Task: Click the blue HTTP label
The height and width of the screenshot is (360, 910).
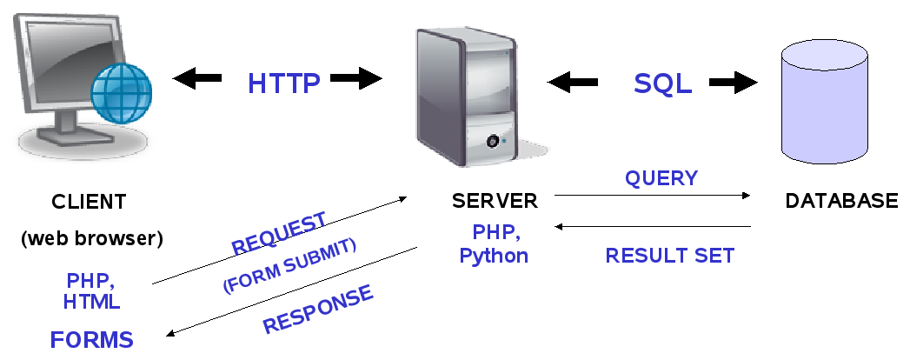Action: (284, 83)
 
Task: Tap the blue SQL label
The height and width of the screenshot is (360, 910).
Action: (663, 83)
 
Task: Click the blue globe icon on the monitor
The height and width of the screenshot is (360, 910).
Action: (122, 94)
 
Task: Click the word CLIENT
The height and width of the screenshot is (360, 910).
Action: (89, 202)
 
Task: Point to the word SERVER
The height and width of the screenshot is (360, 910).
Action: (495, 201)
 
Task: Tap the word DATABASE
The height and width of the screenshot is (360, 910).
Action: (841, 201)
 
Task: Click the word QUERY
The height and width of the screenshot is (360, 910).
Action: (661, 178)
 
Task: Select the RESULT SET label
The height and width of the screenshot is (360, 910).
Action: (670, 256)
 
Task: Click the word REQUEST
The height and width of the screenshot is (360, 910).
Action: (279, 233)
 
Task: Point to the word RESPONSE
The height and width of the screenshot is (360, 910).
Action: (319, 310)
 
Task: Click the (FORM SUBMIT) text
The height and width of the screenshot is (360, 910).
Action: (289, 266)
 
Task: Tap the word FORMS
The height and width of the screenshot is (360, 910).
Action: (92, 340)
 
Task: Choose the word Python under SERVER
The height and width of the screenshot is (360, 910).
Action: (494, 256)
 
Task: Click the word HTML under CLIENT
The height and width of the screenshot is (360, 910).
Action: (92, 302)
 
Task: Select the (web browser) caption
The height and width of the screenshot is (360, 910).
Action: (92, 238)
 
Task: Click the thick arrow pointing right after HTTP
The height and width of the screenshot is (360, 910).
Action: (356, 78)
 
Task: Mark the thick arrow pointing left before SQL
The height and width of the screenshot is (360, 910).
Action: (572, 83)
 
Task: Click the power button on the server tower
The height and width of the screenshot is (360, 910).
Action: (493, 141)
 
